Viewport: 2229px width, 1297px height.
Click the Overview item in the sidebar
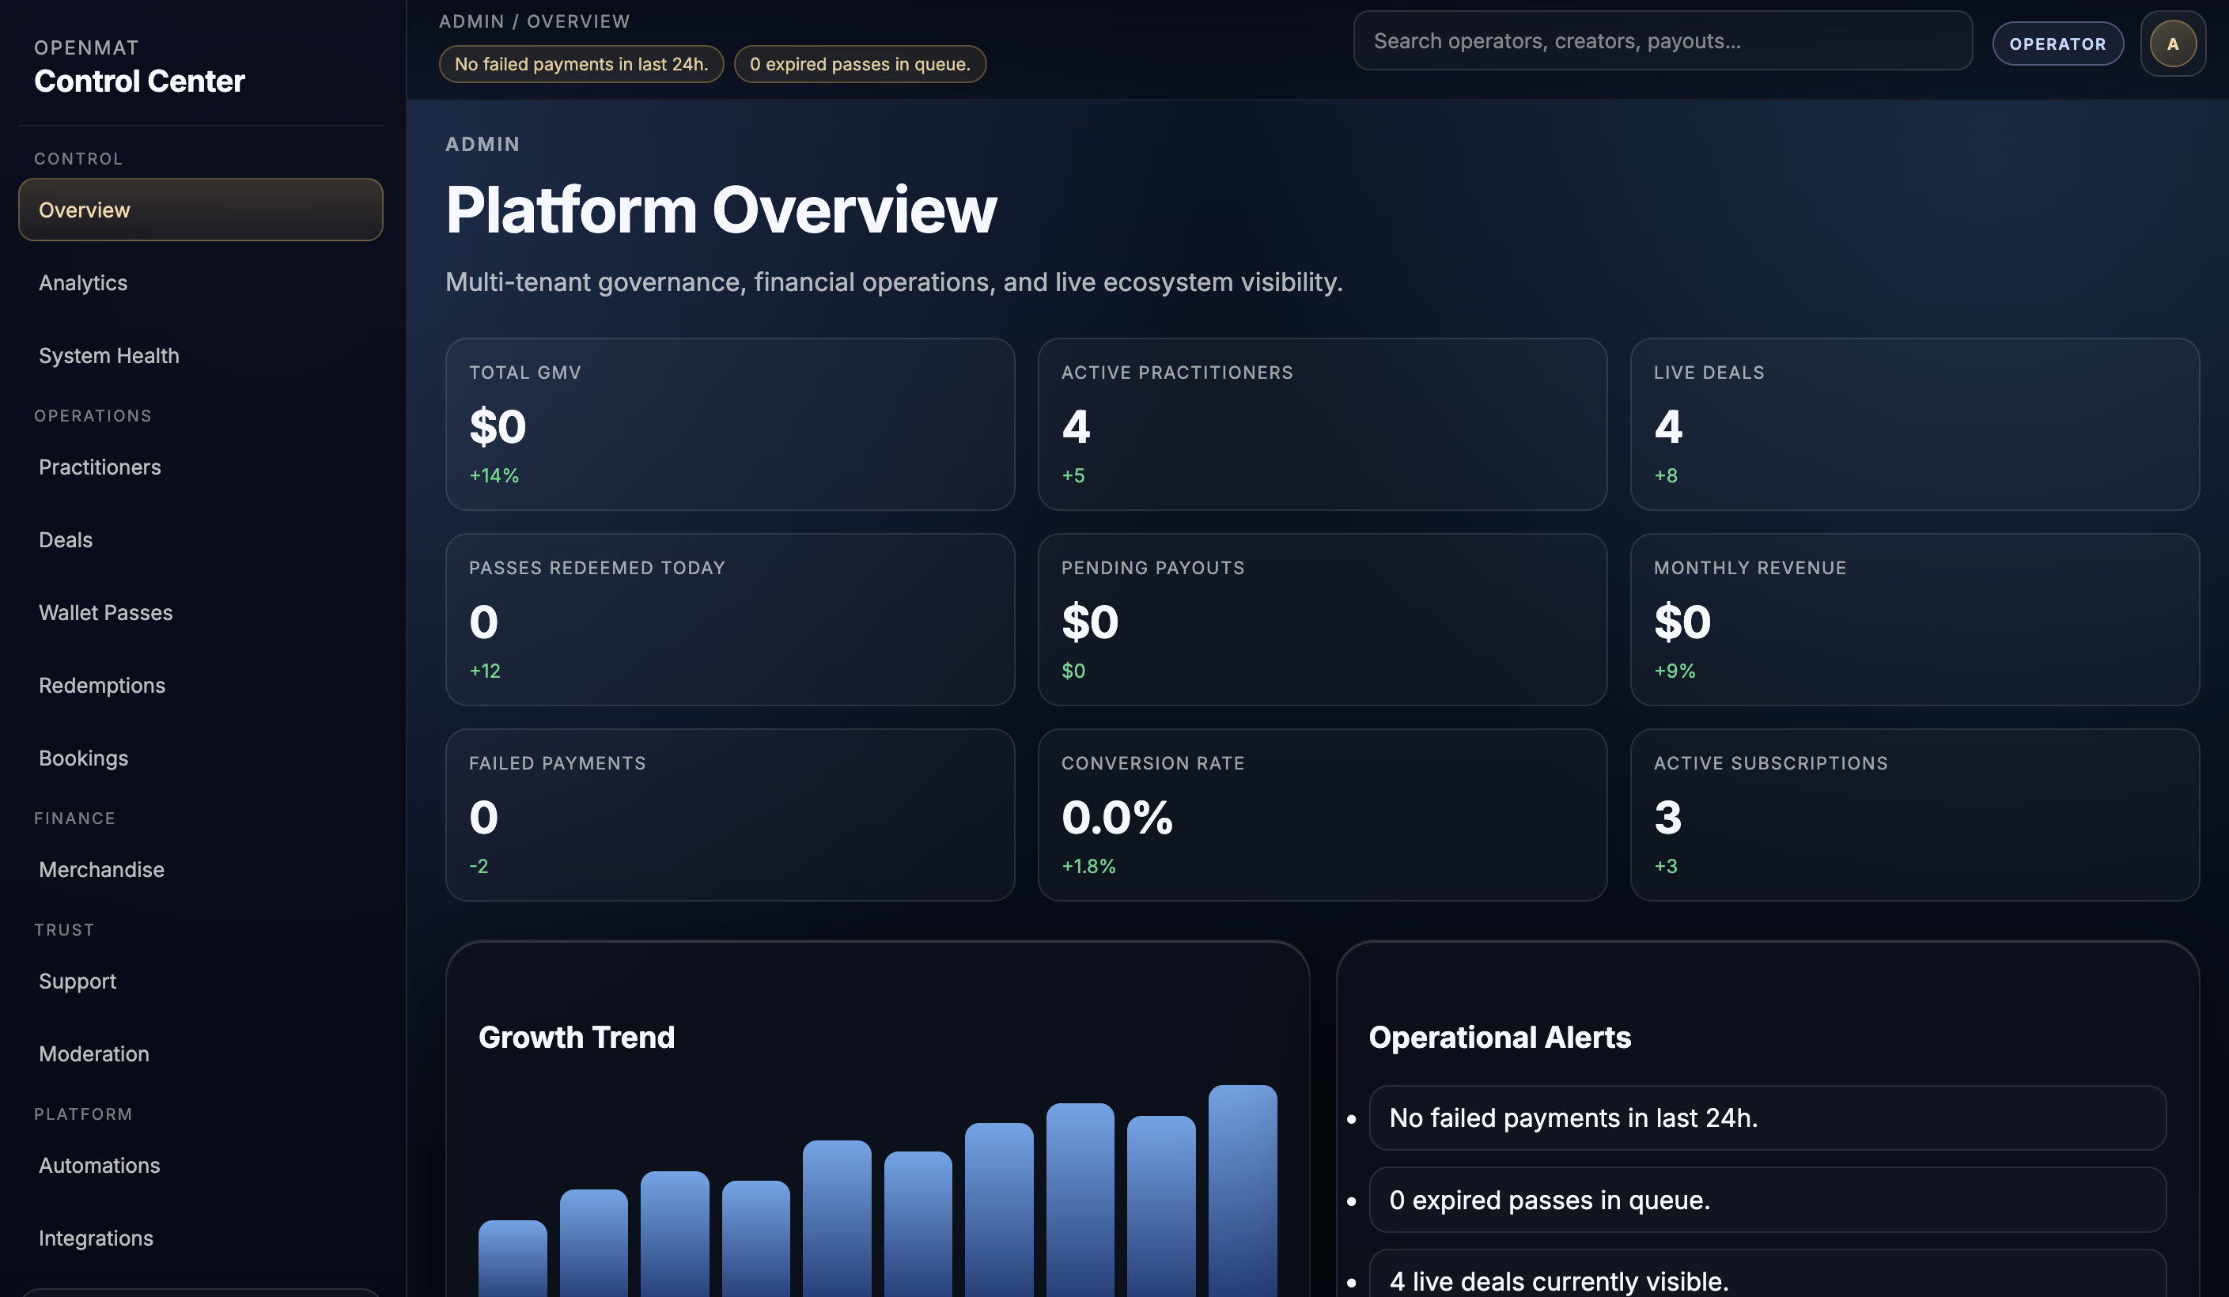click(201, 210)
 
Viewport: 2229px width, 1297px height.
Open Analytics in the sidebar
click(83, 283)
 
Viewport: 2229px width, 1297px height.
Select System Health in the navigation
click(109, 355)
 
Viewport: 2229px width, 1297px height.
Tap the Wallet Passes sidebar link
click(106, 613)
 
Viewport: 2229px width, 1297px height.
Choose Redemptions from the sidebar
click(102, 685)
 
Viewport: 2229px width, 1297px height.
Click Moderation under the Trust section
click(94, 1054)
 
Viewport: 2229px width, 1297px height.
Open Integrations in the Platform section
click(96, 1238)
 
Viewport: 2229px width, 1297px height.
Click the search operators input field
click(1662, 40)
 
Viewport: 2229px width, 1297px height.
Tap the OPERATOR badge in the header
click(2057, 43)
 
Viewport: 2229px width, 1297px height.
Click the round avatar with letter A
click(2172, 43)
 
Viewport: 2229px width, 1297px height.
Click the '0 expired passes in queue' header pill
click(860, 63)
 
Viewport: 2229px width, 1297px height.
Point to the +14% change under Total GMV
click(494, 475)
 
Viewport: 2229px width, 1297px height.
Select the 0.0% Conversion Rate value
click(1117, 817)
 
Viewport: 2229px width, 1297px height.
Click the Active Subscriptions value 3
click(1667, 817)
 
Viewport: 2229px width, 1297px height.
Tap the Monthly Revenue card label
click(1750, 568)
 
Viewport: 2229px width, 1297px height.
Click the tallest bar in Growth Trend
click(1242, 1191)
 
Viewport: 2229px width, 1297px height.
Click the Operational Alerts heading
click(1499, 1037)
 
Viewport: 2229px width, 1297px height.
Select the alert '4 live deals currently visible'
click(1558, 1281)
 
